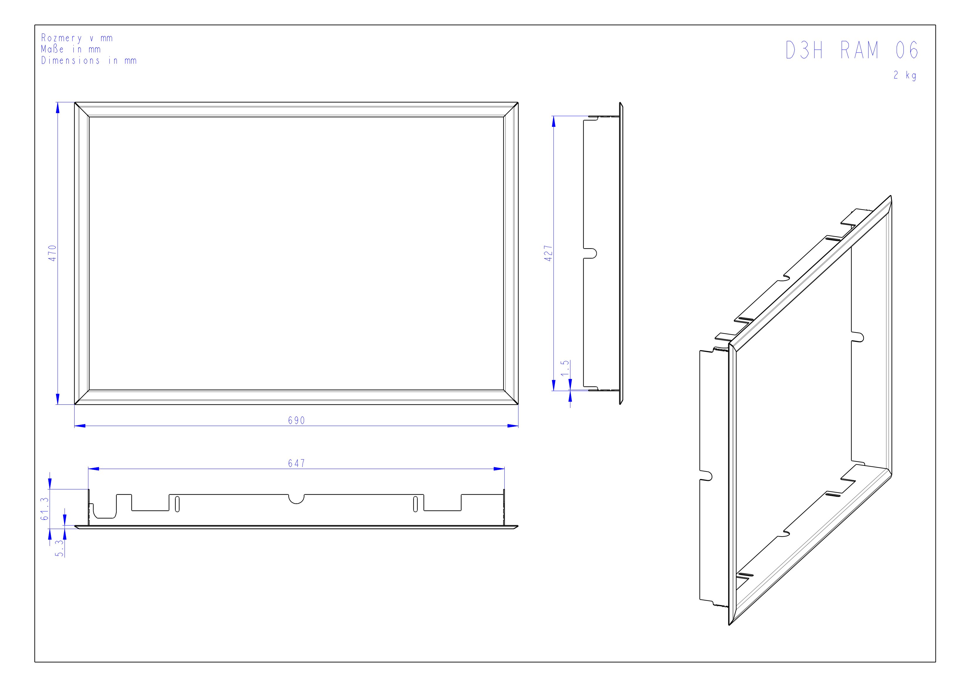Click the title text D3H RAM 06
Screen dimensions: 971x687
click(x=852, y=50)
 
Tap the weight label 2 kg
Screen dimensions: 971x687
click(x=905, y=75)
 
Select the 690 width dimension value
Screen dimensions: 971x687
click(x=296, y=420)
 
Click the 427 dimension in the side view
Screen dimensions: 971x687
click(x=548, y=253)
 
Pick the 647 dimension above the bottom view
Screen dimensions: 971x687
click(x=296, y=463)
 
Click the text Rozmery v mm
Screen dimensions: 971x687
click(x=77, y=38)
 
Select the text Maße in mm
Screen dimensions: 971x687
click(x=71, y=49)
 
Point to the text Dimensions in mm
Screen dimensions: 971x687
click(x=89, y=61)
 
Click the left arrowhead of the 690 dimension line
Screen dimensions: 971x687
click(x=80, y=426)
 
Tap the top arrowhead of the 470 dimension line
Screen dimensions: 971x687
click(x=58, y=108)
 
